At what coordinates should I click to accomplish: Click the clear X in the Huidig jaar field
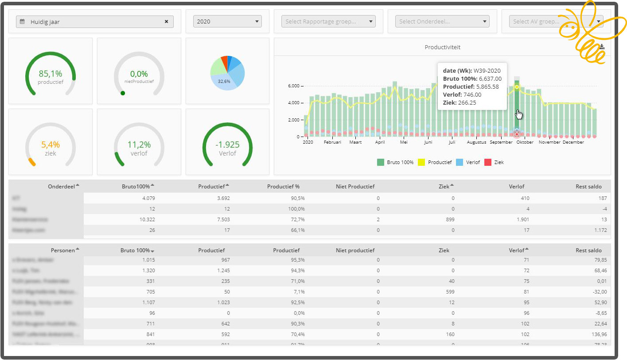167,21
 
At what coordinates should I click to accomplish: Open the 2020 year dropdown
227,21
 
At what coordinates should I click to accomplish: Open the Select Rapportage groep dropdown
328,21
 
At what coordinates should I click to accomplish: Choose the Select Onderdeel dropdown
442,21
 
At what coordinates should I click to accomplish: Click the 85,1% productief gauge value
50,74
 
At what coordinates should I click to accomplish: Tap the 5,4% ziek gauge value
50,145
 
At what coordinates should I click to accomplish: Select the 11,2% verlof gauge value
139,145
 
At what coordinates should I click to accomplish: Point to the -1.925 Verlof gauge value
227,145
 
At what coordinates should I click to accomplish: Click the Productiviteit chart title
442,47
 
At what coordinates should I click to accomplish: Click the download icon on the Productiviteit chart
602,47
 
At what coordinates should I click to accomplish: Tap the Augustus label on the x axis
476,142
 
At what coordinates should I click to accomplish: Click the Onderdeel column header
62,186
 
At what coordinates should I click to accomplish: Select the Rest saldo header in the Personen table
588,250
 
